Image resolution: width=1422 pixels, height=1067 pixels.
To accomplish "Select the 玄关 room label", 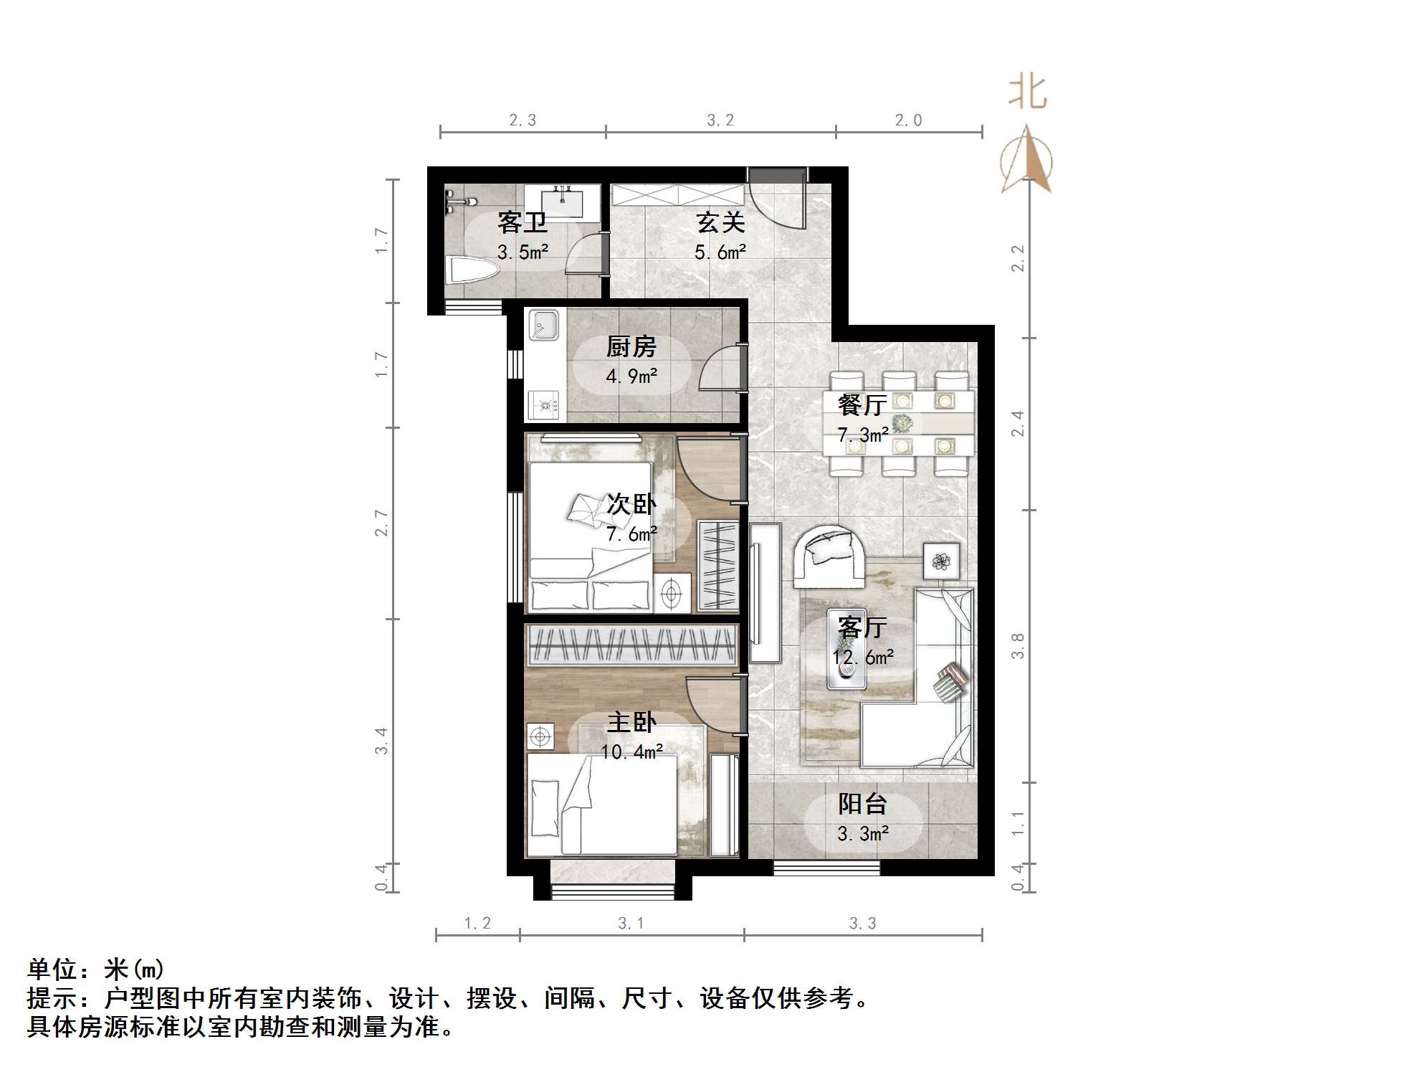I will point(720,222).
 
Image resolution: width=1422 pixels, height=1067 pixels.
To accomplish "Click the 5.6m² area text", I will point(720,252).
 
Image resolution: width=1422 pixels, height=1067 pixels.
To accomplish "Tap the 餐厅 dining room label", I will point(862,405).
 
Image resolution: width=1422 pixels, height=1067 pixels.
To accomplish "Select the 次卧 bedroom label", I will point(631,504).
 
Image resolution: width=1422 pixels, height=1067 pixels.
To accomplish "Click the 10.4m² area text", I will point(631,751).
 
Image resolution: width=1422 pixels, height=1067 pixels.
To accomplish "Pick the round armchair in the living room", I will point(829,554).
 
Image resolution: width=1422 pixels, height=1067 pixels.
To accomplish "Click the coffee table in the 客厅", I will point(847,649).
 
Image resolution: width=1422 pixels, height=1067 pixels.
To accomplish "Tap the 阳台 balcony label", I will point(862,804).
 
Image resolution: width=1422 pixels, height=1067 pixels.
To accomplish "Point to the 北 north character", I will point(1027,93).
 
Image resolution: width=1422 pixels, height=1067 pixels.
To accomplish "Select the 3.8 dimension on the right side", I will point(1017,645).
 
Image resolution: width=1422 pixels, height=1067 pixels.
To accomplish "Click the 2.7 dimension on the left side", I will point(381,523).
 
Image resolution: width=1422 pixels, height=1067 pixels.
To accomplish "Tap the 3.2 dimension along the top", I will point(720,120).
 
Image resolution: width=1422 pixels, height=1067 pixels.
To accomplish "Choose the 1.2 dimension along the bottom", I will point(477,923).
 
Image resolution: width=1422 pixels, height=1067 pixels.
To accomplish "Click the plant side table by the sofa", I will point(940,560).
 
